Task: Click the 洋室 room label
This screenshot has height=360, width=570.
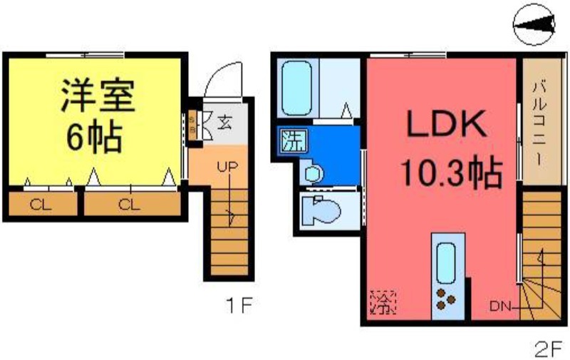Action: click(x=97, y=95)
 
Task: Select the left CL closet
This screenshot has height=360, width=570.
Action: click(x=41, y=205)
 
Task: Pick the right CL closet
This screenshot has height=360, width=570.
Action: click(x=130, y=205)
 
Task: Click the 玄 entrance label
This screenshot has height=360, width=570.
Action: click(x=224, y=121)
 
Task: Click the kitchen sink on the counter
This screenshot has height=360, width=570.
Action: click(x=447, y=264)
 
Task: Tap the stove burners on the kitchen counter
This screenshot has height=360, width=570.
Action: click(x=447, y=300)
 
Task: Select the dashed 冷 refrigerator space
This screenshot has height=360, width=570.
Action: click(x=383, y=304)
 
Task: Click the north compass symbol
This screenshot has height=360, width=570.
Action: click(x=534, y=26)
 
